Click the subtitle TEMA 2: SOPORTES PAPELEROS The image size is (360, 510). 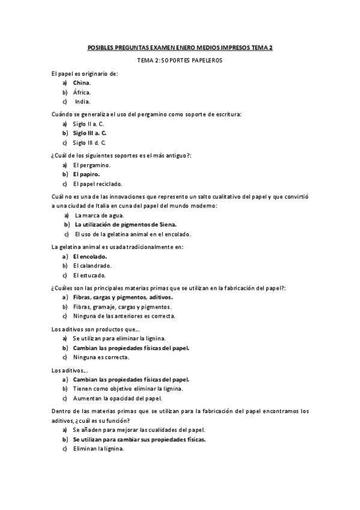pos(180,61)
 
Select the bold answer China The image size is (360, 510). pos(82,82)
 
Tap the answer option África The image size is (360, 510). pos(82,92)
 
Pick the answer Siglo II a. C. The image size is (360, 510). pos(88,123)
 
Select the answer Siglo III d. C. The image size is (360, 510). pos(89,143)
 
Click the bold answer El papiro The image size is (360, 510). pos(86,174)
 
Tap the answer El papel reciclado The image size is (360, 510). pos(97,183)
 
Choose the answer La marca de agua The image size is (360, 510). pos(99,215)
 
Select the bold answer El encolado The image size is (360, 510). pos(90,256)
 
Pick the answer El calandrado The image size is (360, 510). pos(92,265)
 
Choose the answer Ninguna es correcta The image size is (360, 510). pos(101,357)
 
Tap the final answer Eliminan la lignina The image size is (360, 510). pos(98,448)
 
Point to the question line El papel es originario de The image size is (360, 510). pos(85,73)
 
